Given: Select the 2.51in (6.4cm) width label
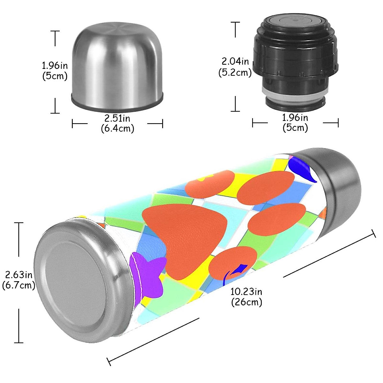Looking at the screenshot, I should click(x=117, y=123).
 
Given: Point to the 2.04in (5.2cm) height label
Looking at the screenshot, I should click(x=235, y=67).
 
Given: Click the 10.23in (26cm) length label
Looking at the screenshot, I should click(x=246, y=297).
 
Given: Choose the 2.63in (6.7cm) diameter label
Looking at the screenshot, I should click(x=19, y=280).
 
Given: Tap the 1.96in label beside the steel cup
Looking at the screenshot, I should click(x=55, y=71).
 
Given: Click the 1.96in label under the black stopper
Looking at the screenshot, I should click(x=295, y=123).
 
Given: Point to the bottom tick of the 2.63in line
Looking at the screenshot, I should click(x=19, y=342).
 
